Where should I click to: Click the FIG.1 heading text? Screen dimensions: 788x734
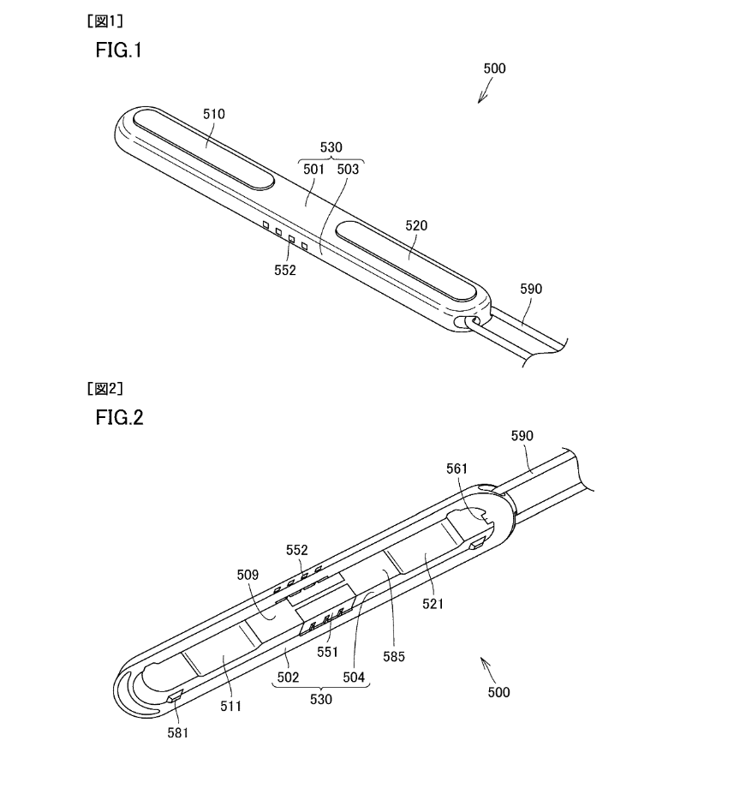[x=118, y=51]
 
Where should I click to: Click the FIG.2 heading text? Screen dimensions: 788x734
[x=119, y=418]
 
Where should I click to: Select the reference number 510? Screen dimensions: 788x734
[x=213, y=113]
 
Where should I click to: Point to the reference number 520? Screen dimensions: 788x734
[x=416, y=226]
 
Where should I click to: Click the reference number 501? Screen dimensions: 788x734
[x=313, y=170]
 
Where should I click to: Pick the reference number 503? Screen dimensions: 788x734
[x=348, y=170]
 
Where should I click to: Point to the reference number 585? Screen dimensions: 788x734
[x=395, y=657]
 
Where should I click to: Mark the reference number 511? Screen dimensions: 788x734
[x=231, y=707]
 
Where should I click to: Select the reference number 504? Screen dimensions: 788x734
[x=353, y=677]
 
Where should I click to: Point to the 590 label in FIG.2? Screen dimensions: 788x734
[x=522, y=436]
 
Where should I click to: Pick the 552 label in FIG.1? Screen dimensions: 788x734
[x=284, y=271]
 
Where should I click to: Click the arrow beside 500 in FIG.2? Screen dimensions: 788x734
[x=486, y=665]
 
